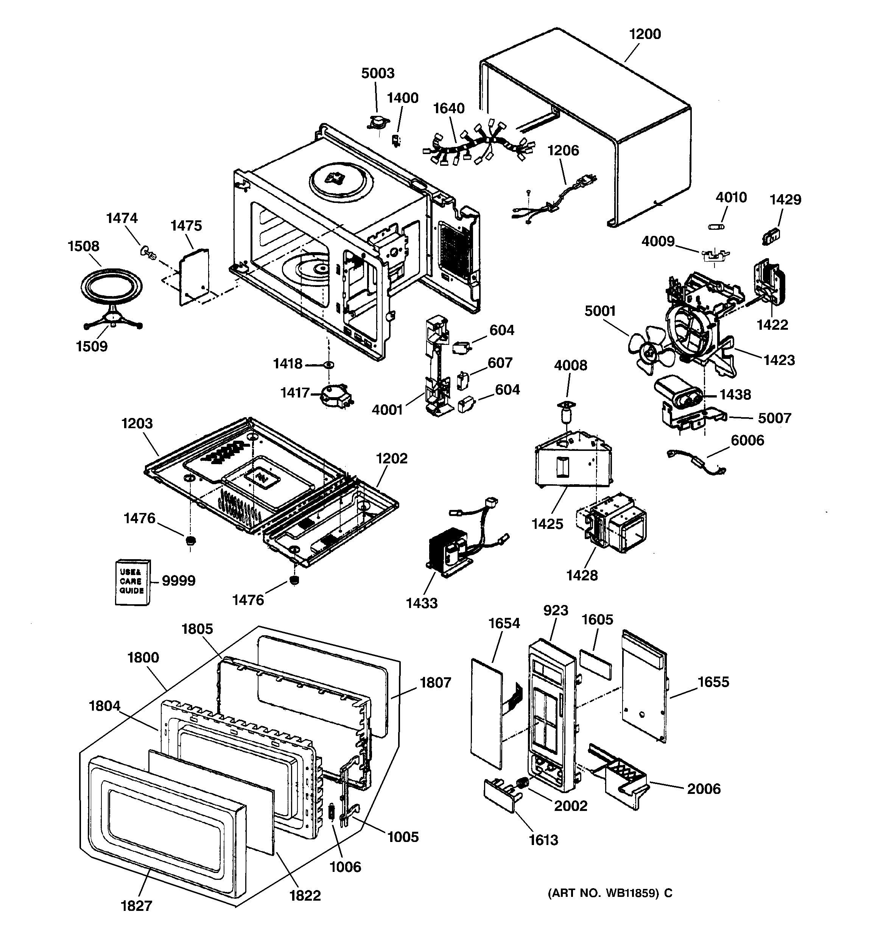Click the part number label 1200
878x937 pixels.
(645, 34)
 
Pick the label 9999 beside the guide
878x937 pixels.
(179, 581)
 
